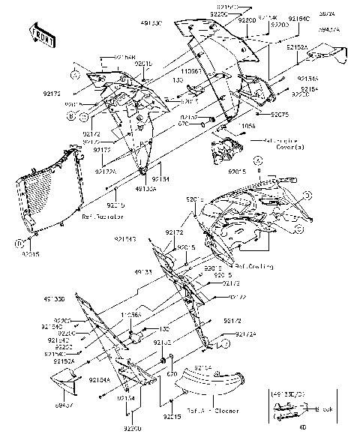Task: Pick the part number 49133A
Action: [x=145, y=189]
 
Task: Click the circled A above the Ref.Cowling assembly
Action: [x=256, y=160]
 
